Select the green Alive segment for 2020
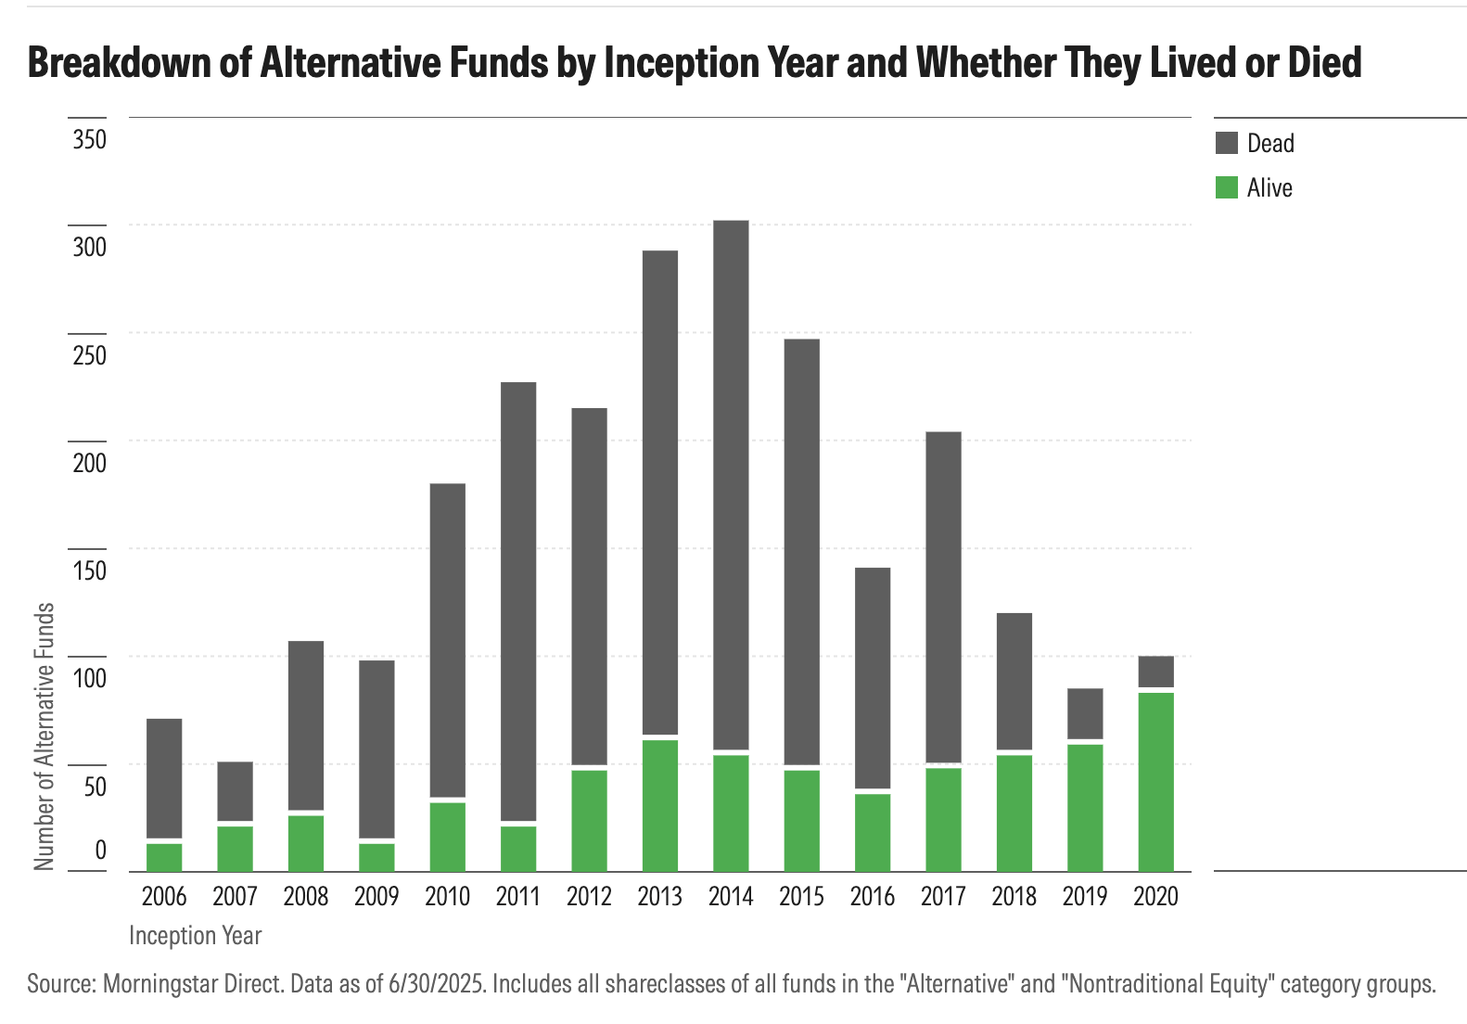(1155, 781)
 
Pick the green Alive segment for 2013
(660, 804)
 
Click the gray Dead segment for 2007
(235, 791)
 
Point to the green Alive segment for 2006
(164, 857)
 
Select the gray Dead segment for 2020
(1155, 672)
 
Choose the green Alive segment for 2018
(1014, 813)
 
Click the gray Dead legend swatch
(1226, 143)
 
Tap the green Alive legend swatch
(1226, 187)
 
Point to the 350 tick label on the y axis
(90, 140)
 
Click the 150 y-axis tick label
(90, 570)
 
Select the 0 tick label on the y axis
(100, 850)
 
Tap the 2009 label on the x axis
(376, 896)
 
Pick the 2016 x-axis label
(873, 896)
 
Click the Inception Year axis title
(196, 935)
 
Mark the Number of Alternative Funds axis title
(45, 736)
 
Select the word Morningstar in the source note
(159, 983)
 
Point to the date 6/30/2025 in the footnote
(434, 983)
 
